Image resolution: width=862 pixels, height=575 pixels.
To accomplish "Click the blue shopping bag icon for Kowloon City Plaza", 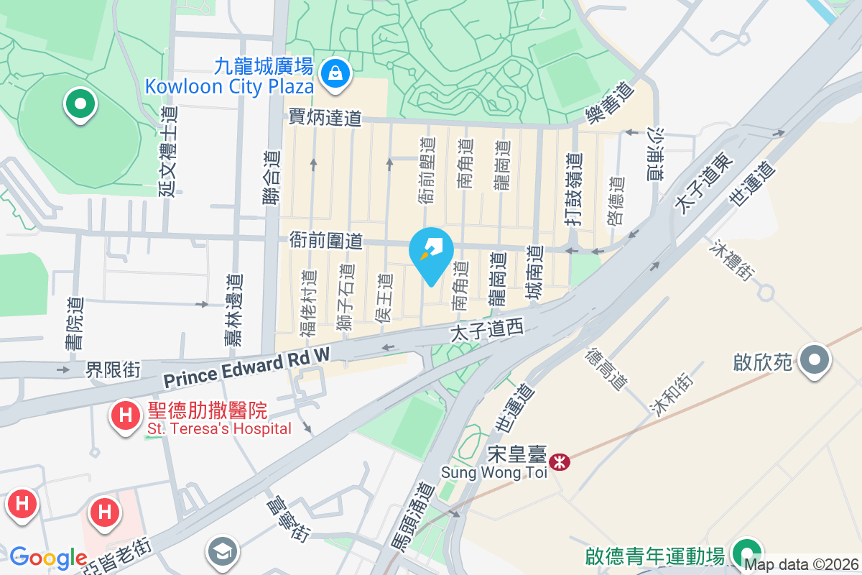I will pyautogui.click(x=335, y=72).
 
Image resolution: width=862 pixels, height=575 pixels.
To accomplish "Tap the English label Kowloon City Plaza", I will pyautogui.click(x=230, y=87).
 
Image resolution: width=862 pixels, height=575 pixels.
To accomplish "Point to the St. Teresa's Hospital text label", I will pyautogui.click(x=220, y=429).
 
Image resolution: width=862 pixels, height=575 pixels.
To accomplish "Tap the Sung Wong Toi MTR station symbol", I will pyautogui.click(x=559, y=460).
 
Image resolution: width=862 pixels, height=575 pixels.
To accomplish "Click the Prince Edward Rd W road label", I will pyautogui.click(x=246, y=369).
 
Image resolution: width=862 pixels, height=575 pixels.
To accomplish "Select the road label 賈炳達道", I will pyautogui.click(x=325, y=117).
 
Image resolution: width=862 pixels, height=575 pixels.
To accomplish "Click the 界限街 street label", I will pyautogui.click(x=113, y=369).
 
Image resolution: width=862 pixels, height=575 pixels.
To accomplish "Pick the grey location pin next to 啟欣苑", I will pyautogui.click(x=815, y=360).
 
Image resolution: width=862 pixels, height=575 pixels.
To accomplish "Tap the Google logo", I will pyautogui.click(x=48, y=558).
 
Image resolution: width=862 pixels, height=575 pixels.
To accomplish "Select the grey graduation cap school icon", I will pyautogui.click(x=222, y=551).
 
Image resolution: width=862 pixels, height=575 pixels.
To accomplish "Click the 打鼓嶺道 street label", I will pyautogui.click(x=573, y=190).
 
